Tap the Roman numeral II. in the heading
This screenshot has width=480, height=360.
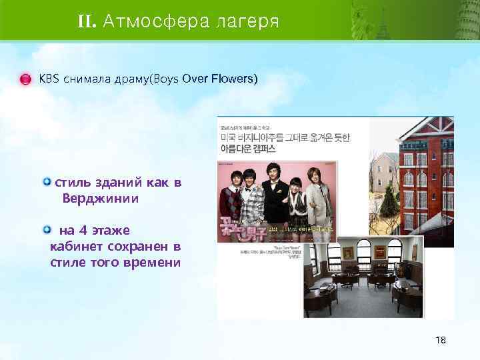[87, 21]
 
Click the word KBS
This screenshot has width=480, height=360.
[49, 79]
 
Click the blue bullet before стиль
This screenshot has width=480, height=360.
[47, 182]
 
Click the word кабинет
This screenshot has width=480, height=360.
[74, 247]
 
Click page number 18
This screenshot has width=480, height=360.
[441, 340]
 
